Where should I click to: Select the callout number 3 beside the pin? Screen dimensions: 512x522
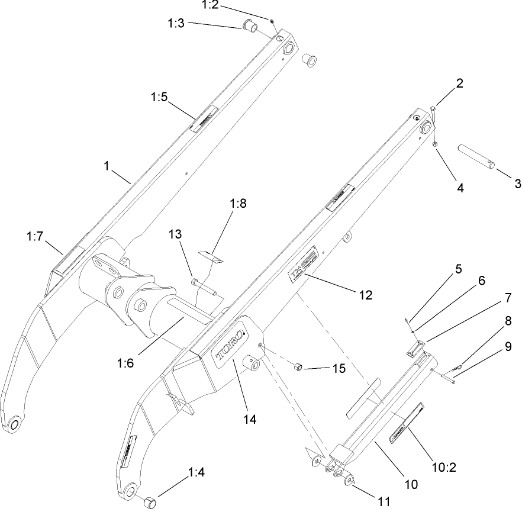point(517,183)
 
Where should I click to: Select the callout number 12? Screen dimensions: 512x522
point(366,294)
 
